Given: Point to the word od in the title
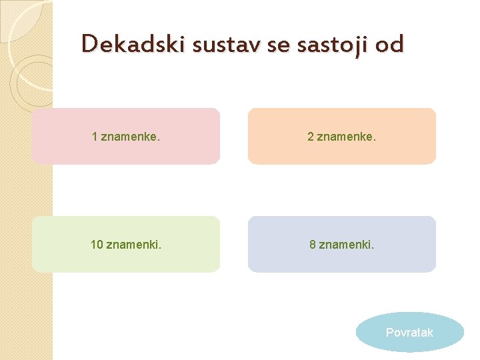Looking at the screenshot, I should tap(389, 44).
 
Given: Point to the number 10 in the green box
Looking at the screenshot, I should tap(97, 245).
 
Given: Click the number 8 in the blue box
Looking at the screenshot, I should tap(313, 245).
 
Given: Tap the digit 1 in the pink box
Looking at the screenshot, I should tap(95, 137).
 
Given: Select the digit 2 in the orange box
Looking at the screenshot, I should tap(311, 137).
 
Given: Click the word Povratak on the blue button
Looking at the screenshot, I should tap(409, 332).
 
